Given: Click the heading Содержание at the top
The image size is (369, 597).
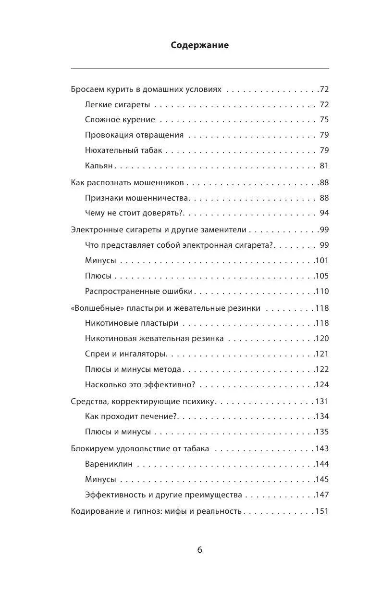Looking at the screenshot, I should tap(200, 46).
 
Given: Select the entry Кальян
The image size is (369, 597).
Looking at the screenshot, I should tap(98, 166).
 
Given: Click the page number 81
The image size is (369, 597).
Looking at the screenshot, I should tap(324, 166).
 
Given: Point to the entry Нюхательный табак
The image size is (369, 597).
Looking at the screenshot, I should tap(123, 151).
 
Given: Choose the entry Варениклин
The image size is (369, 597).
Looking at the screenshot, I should tap(109, 464).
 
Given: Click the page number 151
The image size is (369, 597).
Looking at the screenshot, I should tap(321, 511).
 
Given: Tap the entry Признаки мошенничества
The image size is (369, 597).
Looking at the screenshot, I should tap(137, 198).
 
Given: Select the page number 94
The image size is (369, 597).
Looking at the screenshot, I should tap(324, 213).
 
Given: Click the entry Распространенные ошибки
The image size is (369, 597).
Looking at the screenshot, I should tap(139, 292).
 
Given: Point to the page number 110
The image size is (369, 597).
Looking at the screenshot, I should tap(321, 292).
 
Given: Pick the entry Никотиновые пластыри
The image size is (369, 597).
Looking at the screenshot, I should tap(132, 323).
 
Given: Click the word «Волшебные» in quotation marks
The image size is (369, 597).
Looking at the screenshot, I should tap(94, 308).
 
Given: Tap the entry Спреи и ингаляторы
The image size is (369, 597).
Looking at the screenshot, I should tap(126, 354).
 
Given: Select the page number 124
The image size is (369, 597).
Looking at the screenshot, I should tap(321, 385).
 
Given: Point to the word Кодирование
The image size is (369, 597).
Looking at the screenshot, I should tap(94, 511).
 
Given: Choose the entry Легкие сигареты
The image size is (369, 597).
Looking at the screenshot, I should tap(117, 104).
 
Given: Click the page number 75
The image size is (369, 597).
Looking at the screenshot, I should tap(324, 120).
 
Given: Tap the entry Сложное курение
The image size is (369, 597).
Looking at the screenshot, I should tap(120, 120).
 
